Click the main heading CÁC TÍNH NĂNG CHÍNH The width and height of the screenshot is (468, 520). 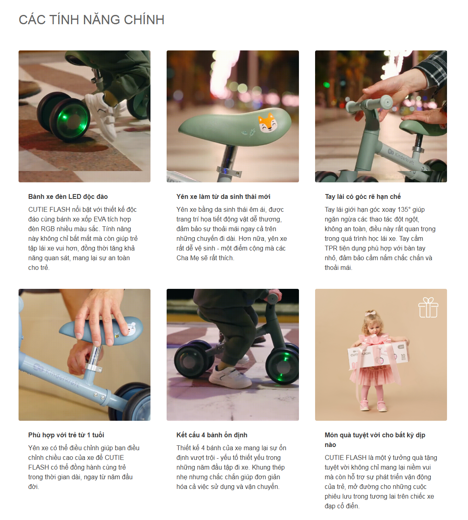pyautogui.click(x=92, y=20)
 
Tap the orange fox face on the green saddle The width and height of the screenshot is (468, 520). pyautogui.click(x=267, y=123)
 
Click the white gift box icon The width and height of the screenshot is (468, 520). pyautogui.click(x=428, y=307)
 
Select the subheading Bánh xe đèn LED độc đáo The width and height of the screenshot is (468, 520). pyautogui.click(x=68, y=196)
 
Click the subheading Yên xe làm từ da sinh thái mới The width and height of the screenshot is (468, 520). pyautogui.click(x=223, y=196)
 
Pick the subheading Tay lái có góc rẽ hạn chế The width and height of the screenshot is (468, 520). pyautogui.click(x=363, y=196)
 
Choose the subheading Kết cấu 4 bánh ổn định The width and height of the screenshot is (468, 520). pyautogui.click(x=212, y=435)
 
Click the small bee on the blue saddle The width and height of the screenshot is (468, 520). pyautogui.click(x=117, y=335)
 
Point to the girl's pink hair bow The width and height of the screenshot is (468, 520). pyautogui.click(x=370, y=314)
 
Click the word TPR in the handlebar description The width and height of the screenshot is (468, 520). pyautogui.click(x=331, y=249)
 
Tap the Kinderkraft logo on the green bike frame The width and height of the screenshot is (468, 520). pyautogui.click(x=401, y=157)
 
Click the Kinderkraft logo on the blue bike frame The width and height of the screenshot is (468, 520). pyautogui.click(x=55, y=374)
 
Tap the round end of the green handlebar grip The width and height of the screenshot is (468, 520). pyautogui.click(x=387, y=102)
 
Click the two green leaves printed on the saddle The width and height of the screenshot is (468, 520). pyautogui.click(x=249, y=133)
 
